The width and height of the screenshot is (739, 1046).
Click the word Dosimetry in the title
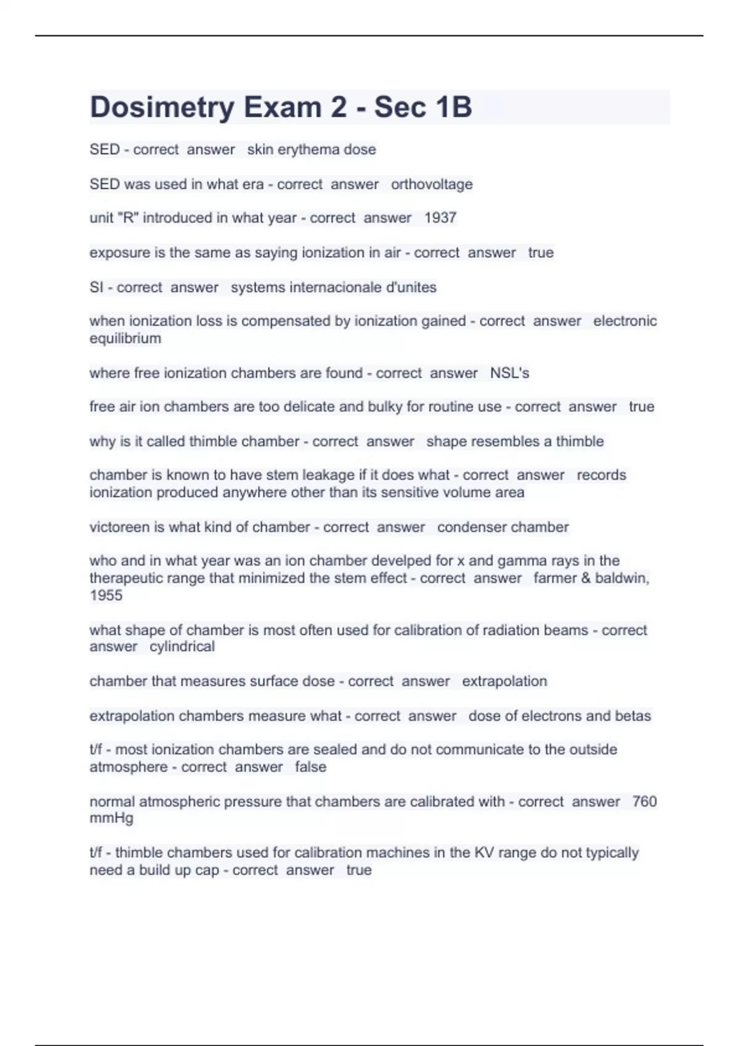(162, 108)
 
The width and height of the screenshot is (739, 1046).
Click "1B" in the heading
(453, 107)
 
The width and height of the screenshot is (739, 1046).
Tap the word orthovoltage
(432, 184)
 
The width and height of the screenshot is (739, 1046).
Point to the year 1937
(440, 218)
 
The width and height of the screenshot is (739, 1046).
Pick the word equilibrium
(125, 338)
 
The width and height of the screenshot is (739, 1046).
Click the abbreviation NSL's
(509, 373)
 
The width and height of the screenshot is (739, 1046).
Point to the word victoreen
(119, 527)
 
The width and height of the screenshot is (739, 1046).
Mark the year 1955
(106, 596)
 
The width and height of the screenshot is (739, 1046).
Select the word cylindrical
(182, 647)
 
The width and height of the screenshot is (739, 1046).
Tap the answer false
(310, 767)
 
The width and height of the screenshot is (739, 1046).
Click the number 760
(644, 802)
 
